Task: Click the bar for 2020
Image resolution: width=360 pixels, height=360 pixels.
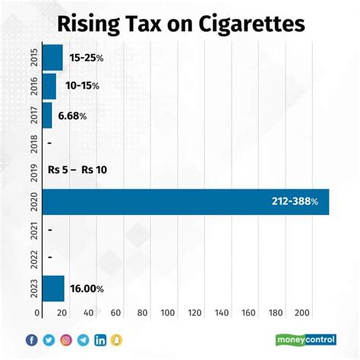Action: pos(185,201)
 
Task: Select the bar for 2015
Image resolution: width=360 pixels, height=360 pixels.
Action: pos(52,58)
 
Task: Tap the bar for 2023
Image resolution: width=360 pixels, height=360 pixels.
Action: pos(53,289)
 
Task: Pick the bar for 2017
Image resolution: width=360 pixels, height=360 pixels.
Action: pos(47,115)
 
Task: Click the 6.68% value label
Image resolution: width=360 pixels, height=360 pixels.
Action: pos(72,115)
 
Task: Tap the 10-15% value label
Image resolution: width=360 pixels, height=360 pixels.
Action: pos(81,87)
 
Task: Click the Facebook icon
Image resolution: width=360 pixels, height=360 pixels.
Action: pos(31,339)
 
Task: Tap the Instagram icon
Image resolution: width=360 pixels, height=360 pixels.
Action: pos(66,339)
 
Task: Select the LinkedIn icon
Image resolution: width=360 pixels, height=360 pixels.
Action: pos(100,339)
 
